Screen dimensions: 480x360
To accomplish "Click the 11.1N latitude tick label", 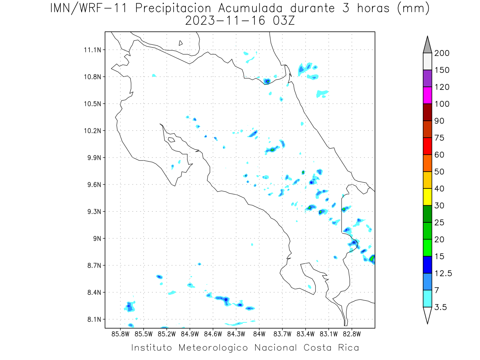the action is pos(92,50).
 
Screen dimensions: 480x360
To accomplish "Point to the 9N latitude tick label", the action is pos(97,238).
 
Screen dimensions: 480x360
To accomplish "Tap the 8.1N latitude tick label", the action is pos(94,319).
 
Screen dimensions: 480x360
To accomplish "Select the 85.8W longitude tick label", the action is pos(120,334).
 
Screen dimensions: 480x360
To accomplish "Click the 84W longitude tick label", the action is pos(259,334).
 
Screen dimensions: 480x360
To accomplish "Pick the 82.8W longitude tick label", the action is pos(352,334).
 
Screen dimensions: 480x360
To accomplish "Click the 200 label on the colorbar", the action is pos(442,53).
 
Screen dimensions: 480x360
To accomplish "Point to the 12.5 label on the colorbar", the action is pos(443,273).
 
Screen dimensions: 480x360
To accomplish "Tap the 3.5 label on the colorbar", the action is pos(440,307).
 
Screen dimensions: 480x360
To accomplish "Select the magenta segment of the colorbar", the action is pos(427,95).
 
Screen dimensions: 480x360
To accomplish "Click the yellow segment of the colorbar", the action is pos(427,197).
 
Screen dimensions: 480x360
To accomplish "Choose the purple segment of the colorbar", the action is pos(427,78).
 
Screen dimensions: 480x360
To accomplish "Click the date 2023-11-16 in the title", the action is pos(225,21).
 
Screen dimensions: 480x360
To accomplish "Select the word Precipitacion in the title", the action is pos(173,8).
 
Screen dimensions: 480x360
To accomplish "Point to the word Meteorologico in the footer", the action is pos(213,348).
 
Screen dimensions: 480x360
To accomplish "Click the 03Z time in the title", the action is pos(284,21).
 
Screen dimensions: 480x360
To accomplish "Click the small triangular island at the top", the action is pos(180,43).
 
